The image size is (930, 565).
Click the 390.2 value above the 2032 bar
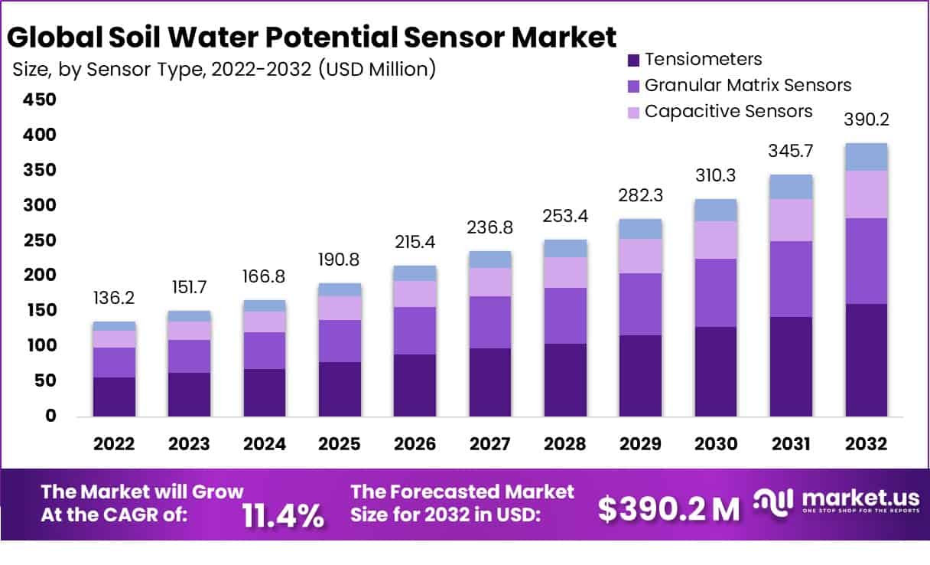click(866, 120)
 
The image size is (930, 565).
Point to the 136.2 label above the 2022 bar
click(114, 297)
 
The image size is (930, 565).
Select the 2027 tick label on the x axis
click(490, 445)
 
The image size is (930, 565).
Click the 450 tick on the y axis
click(39, 100)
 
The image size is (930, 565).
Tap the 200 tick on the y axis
click(39, 275)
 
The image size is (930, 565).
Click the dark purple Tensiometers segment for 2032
click(866, 360)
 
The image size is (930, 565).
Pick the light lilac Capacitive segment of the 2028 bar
click(565, 272)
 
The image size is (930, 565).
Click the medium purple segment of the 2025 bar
click(340, 341)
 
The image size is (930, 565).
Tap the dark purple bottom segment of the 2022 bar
click(114, 397)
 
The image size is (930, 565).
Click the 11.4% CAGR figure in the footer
click(283, 516)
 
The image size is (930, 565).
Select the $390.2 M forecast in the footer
click(668, 508)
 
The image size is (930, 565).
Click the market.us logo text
click(854, 498)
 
